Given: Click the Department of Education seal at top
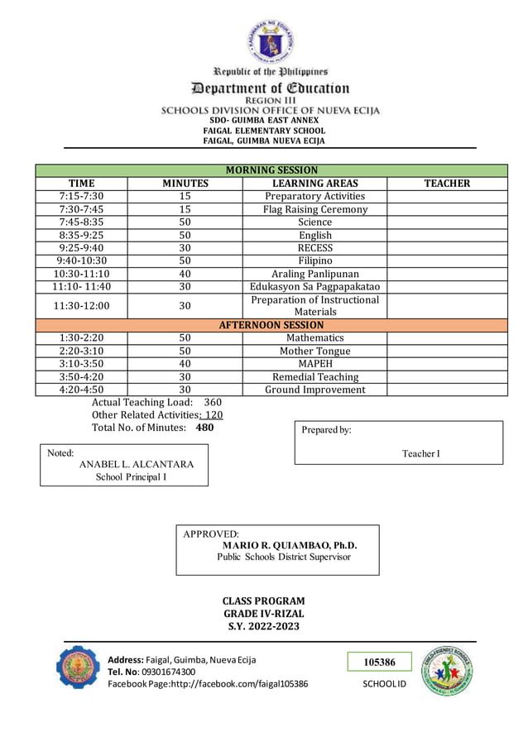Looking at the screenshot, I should click(x=264, y=41).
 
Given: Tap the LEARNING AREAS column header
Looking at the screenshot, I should click(x=314, y=184).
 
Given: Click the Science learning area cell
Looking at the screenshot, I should click(x=314, y=222).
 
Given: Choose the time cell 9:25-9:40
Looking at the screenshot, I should click(x=81, y=248).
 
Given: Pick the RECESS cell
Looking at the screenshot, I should click(x=314, y=248).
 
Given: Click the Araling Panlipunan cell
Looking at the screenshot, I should click(x=314, y=274).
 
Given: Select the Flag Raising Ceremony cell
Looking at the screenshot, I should click(x=314, y=209).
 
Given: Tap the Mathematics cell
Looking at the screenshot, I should click(x=314, y=338).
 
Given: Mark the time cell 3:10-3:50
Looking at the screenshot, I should click(x=81, y=364).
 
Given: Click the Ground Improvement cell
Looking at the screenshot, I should click(x=314, y=390).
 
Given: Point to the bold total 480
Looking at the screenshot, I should click(x=204, y=428).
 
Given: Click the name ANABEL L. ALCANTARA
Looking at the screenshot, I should click(x=137, y=464).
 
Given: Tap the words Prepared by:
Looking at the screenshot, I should click(x=326, y=430).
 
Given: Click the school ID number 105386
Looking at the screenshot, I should click(x=380, y=662).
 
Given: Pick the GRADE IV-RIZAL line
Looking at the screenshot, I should click(x=264, y=614).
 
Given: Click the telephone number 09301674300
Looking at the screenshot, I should click(x=168, y=672).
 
